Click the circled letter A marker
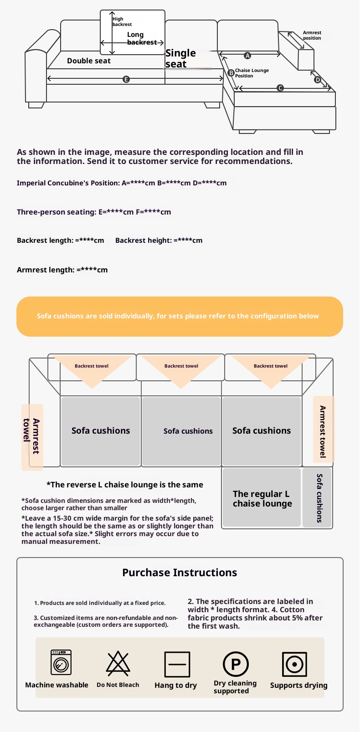click(x=247, y=56)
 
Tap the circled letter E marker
click(x=126, y=79)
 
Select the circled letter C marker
click(x=280, y=88)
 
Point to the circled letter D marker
click(x=317, y=80)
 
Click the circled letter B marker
click(x=231, y=72)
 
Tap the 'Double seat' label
click(x=88, y=61)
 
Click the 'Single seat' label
click(x=180, y=58)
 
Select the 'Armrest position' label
click(x=312, y=35)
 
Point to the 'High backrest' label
click(x=122, y=21)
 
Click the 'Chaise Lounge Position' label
click(x=252, y=73)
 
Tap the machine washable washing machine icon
click(x=61, y=662)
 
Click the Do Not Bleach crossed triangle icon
click(x=118, y=663)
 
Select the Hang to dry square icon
click(x=177, y=664)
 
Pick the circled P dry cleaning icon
click(x=236, y=664)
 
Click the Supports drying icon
click(x=294, y=664)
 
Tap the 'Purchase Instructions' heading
click(x=180, y=573)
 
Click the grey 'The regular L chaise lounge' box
click(x=262, y=497)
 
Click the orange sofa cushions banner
click(x=180, y=316)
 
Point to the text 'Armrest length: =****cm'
click(x=62, y=270)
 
